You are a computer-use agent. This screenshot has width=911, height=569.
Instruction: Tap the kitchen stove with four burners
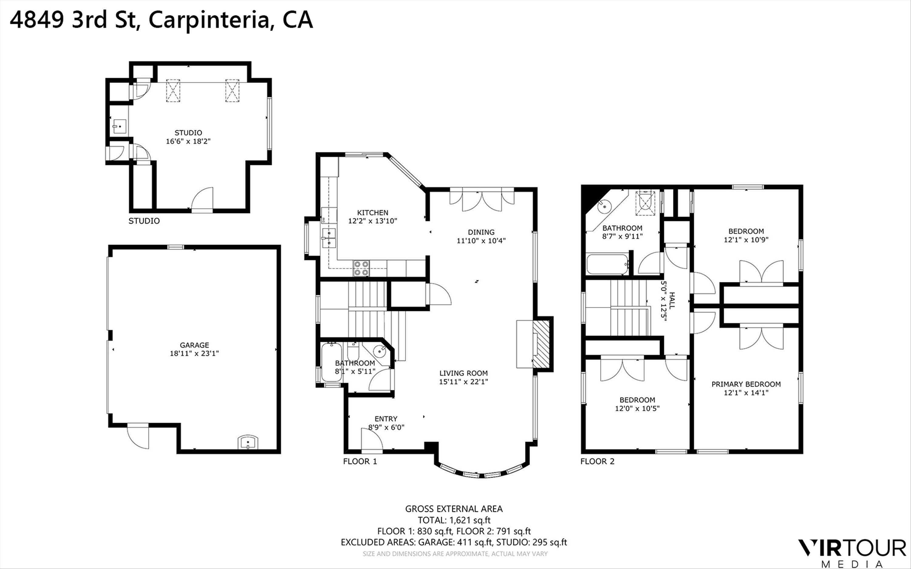[361, 268]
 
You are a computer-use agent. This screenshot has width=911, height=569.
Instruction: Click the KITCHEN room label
[372, 213]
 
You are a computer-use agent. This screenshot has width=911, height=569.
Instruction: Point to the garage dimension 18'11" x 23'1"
[194, 353]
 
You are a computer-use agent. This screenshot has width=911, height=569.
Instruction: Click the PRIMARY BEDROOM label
[746, 384]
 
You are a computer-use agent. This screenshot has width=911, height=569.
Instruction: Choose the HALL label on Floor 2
[672, 301]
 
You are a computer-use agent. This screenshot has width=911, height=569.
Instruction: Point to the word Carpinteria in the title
[209, 20]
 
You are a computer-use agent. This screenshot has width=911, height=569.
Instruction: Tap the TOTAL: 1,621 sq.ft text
[454, 520]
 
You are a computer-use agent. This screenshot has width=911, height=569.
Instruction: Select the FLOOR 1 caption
[360, 461]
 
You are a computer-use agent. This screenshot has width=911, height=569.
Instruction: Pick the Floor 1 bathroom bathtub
[331, 362]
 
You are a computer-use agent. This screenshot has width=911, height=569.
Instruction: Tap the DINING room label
[481, 232]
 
